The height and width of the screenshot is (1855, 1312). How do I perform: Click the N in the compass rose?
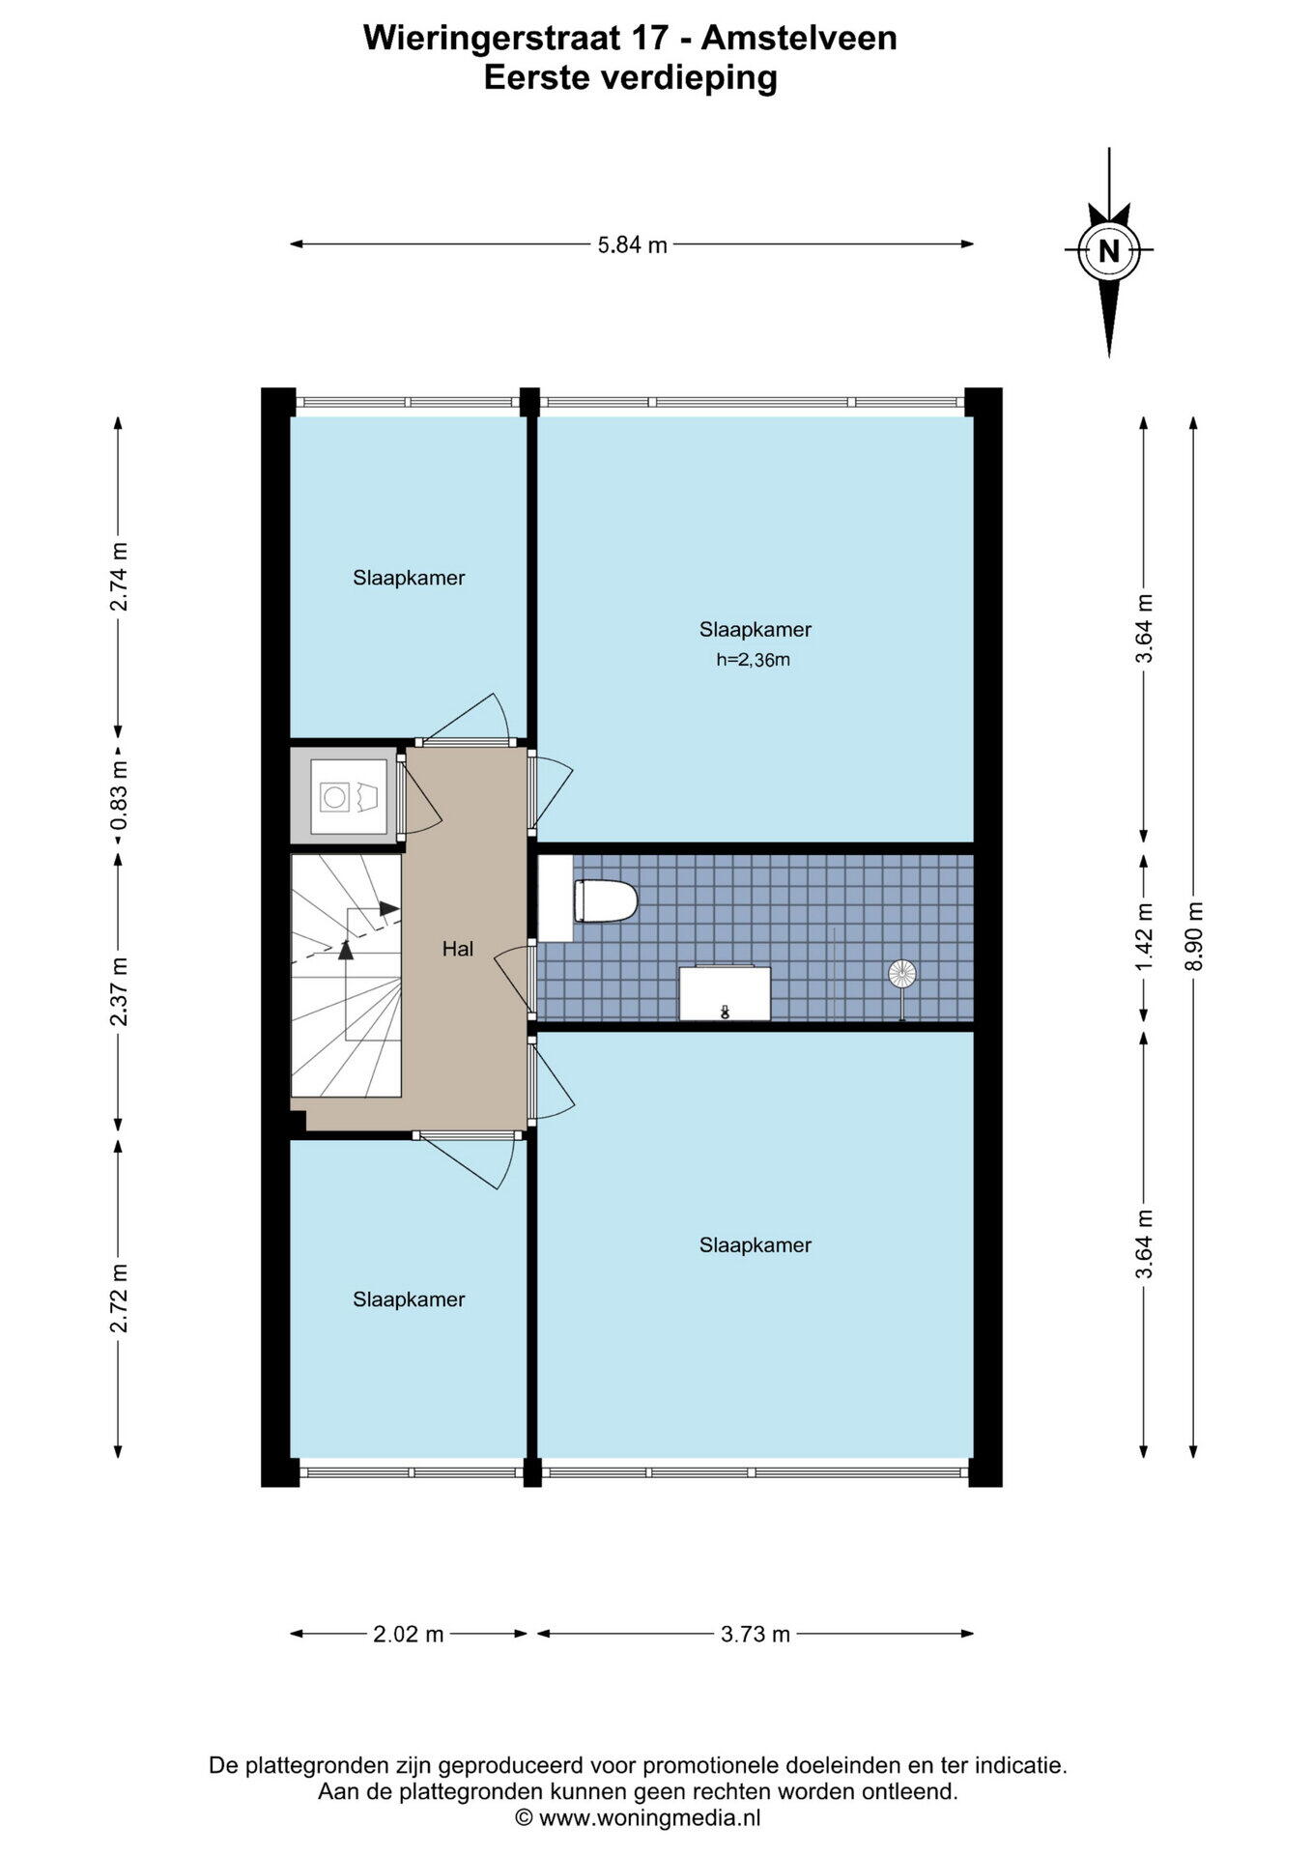[1108, 251]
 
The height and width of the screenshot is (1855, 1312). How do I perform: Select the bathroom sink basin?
[725, 992]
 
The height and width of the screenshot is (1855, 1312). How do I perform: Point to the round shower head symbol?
[901, 973]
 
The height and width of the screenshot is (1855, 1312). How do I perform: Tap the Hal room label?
[458, 949]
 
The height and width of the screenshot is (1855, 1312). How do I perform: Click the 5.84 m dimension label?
[632, 245]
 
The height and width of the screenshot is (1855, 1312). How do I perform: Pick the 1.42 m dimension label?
[1145, 937]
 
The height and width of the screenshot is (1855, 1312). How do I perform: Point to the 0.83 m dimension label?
[118, 795]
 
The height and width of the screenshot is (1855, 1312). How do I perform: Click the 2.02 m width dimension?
[408, 1634]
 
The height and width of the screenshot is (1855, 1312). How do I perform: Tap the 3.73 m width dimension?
[756, 1634]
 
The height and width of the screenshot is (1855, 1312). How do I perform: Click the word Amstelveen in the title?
[798, 39]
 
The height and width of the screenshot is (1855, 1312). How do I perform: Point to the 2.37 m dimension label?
[118, 992]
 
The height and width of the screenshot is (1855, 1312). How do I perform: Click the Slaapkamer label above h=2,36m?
[756, 630]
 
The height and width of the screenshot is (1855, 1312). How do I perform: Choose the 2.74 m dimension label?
[118, 577]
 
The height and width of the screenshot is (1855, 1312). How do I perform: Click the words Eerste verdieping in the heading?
[631, 78]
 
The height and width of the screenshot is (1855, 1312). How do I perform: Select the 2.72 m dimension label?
[118, 1298]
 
